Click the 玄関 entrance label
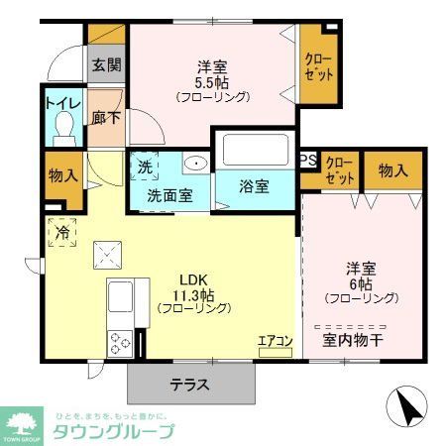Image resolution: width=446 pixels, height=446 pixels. tap(107, 66)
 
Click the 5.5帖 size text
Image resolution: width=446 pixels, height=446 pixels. tap(212, 82)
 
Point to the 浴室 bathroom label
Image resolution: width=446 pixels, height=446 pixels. tap(257, 187)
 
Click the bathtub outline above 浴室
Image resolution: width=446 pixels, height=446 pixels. tap(257, 150)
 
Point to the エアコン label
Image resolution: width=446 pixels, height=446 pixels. tap(276, 342)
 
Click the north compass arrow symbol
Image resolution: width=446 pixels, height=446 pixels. tap(407, 404)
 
